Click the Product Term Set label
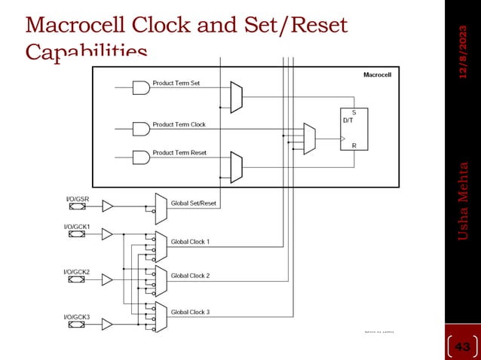pyautogui.click(x=176, y=83)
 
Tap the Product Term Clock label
pyautogui.click(x=179, y=124)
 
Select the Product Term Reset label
pyautogui.click(x=179, y=153)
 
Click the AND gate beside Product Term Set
pyautogui.click(x=141, y=88)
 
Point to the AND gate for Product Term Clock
pyautogui.click(x=141, y=129)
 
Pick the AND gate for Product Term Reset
pyautogui.click(x=141, y=157)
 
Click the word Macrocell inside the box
pyautogui.click(x=376, y=75)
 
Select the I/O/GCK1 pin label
pyautogui.click(x=77, y=226)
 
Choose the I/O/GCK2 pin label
pyautogui.click(x=77, y=271)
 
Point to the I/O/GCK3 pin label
pyautogui.click(x=77, y=317)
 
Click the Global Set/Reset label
pyautogui.click(x=193, y=203)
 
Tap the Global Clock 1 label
pyautogui.click(x=190, y=242)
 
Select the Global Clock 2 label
pyautogui.click(x=190, y=276)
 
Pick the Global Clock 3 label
pyautogui.click(x=190, y=312)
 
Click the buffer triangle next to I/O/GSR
pyautogui.click(x=107, y=206)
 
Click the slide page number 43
pyautogui.click(x=464, y=346)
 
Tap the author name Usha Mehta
pyautogui.click(x=464, y=201)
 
